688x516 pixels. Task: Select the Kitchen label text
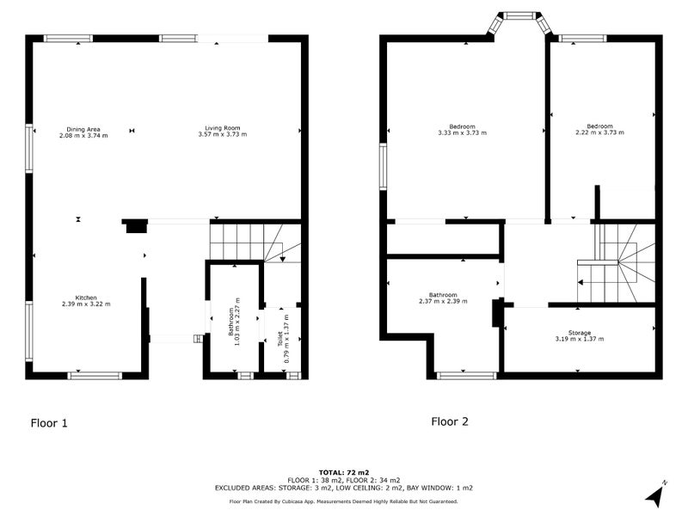click(85, 297)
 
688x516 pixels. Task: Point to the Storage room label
click(580, 332)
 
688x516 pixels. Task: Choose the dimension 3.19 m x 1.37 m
click(580, 338)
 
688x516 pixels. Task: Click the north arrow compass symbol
click(656, 494)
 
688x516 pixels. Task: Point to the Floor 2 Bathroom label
click(443, 294)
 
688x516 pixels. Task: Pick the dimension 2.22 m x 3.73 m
click(599, 132)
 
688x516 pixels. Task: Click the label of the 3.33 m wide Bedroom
click(463, 126)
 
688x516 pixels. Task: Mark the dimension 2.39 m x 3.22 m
click(85, 304)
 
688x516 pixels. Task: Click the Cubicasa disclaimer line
click(343, 501)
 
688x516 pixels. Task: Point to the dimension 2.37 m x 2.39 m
click(443, 301)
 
